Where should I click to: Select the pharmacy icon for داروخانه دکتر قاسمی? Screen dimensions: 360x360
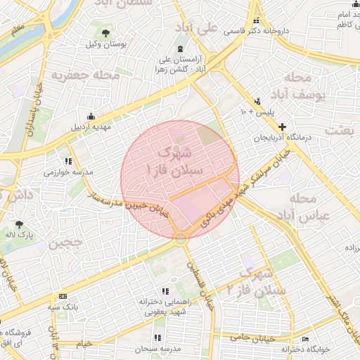[x=257, y=20]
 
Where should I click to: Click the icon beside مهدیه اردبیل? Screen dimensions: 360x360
[x=90, y=116]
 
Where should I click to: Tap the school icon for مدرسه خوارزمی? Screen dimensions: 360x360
[x=68, y=161]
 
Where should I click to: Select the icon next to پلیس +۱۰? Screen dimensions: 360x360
[x=258, y=101]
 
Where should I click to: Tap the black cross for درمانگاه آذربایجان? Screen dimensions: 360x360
[x=282, y=127]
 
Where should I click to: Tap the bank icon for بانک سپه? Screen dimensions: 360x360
[x=63, y=296]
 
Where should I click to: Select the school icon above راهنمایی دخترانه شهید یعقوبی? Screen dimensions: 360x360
[x=165, y=290]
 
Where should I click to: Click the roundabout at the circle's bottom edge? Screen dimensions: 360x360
[x=181, y=239]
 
